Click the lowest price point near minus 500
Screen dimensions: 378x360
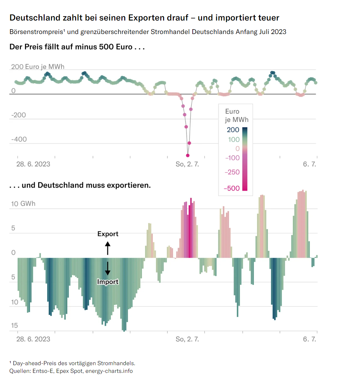click(188, 156)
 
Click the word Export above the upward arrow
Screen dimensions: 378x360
click(108, 234)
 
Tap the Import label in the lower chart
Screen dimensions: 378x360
click(108, 282)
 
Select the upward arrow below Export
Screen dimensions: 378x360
click(108, 248)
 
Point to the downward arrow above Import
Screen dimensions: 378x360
click(108, 268)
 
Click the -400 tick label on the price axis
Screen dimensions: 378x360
click(19, 139)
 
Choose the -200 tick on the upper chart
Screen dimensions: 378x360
click(18, 115)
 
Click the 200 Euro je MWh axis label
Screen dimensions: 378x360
click(38, 67)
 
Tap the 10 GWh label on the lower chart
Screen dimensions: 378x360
click(23, 204)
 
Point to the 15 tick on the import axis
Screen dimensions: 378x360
click(14, 326)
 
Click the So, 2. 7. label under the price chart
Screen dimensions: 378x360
click(187, 164)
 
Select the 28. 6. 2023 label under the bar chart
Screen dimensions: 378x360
click(33, 339)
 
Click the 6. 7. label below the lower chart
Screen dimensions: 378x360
click(310, 339)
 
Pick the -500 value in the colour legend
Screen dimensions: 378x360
click(232, 188)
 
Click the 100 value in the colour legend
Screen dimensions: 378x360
click(234, 140)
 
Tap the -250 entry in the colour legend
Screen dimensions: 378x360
click(232, 172)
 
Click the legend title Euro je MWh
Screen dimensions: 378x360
click(237, 116)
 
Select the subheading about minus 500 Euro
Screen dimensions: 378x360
click(77, 47)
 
